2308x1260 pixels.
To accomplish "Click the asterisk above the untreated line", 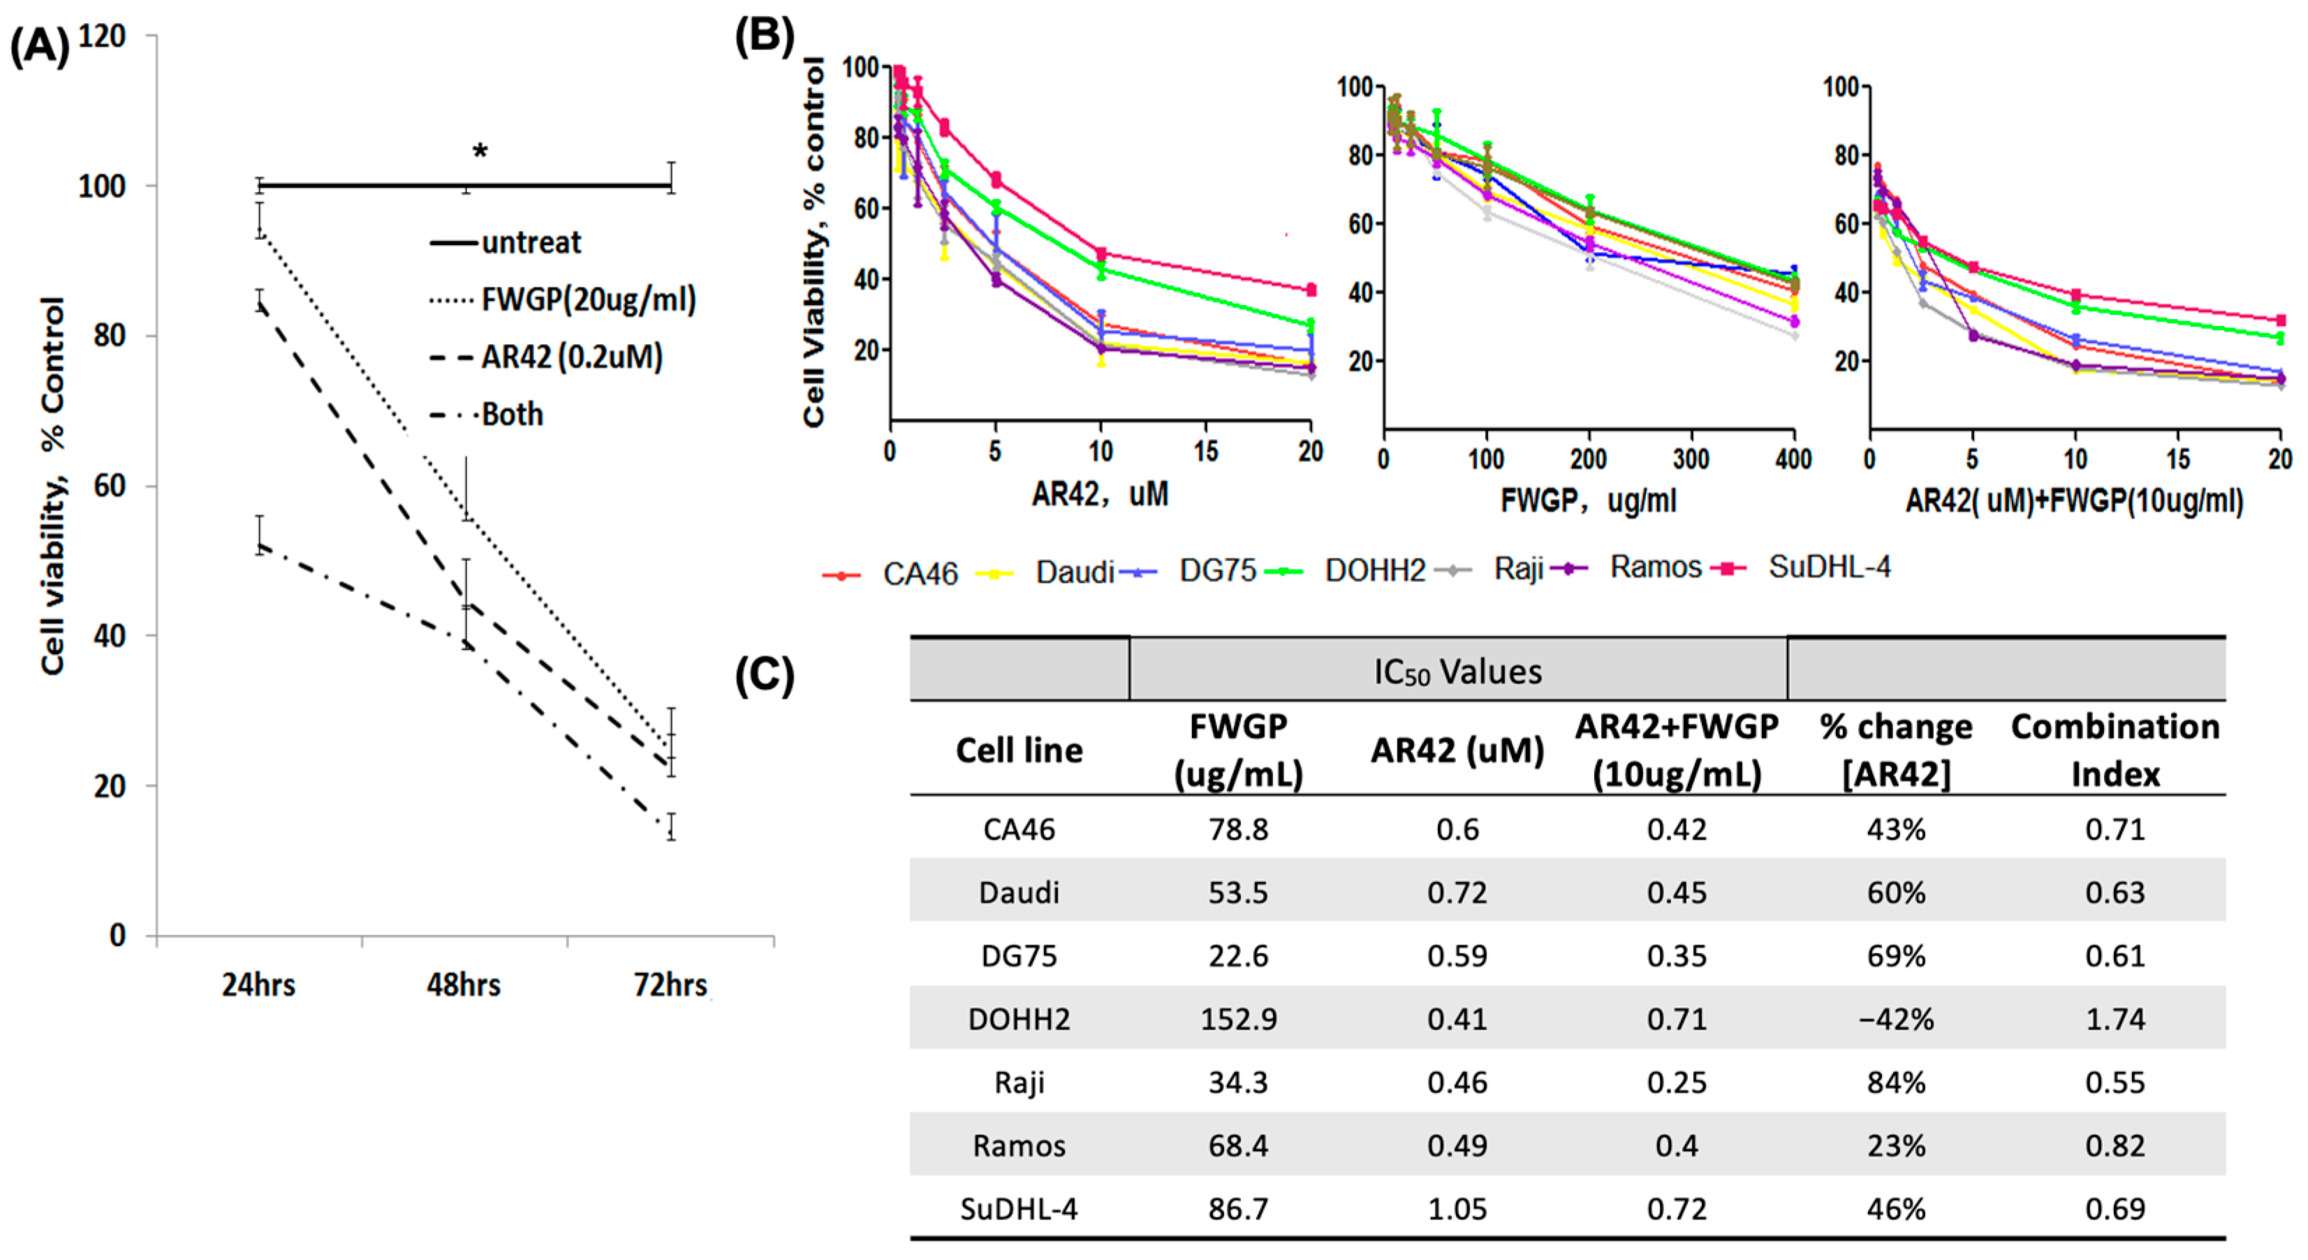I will coord(480,151).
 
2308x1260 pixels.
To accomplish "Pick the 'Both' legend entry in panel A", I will coord(512,414).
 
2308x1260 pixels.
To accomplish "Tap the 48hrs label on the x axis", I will coord(463,984).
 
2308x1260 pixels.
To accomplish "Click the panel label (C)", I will coord(764,674).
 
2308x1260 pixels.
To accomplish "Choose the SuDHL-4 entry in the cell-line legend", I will coord(1829,567).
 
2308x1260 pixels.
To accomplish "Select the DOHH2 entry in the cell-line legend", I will coord(1374,570).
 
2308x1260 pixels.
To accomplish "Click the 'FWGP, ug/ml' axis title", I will coord(1587,500).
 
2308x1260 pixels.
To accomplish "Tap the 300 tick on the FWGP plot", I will coord(1691,459).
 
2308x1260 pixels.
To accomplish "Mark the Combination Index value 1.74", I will coord(2115,1018).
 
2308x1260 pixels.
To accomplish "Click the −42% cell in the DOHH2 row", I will coord(1896,1018).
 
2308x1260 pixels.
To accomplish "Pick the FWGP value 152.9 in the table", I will coord(1238,1018).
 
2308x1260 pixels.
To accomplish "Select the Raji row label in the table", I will coord(1019,1082).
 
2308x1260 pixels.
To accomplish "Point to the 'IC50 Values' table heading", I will coord(1457,672).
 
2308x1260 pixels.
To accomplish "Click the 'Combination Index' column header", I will coord(2115,750).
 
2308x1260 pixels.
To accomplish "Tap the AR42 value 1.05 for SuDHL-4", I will coord(1457,1209).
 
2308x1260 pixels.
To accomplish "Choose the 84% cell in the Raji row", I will coord(1896,1082).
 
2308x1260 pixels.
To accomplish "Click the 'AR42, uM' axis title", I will coord(1099,494).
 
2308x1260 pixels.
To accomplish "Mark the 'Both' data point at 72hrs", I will coord(671,827).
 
